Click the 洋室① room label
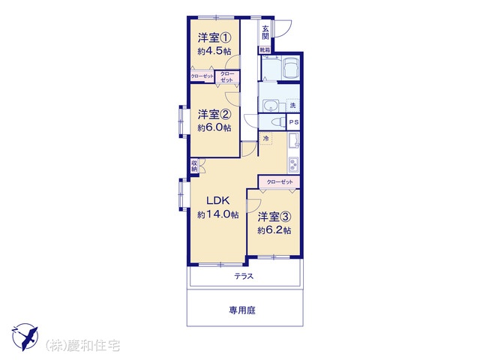point(214,38)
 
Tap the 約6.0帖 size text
point(214,127)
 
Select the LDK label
point(218,201)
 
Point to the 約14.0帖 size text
point(218,214)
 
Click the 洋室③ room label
point(274,217)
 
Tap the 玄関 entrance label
point(265,32)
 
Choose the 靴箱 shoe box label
point(265,49)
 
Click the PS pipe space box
point(294,122)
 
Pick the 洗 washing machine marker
point(293,106)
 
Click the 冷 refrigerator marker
point(266,138)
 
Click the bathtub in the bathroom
point(292,68)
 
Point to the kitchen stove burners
point(293,165)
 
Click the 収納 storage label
point(194,166)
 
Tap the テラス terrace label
point(244,277)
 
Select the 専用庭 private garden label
point(242,310)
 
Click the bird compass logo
point(25,337)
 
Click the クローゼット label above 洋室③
point(280,182)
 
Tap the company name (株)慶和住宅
point(82,346)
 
